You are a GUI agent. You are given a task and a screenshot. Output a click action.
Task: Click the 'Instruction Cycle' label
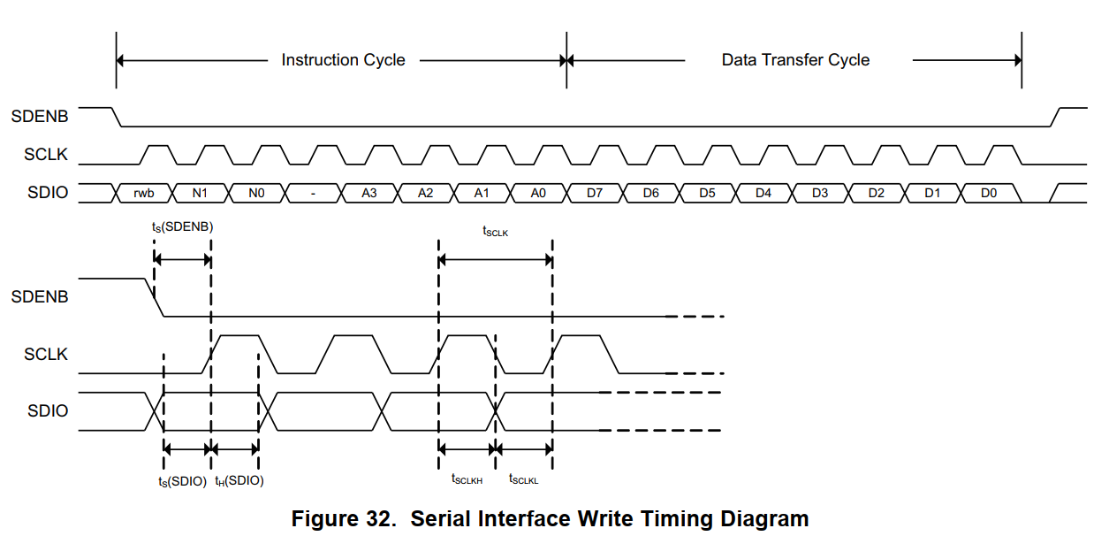pyautogui.click(x=343, y=60)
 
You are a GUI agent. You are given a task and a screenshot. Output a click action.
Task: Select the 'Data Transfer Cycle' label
pyautogui.click(x=795, y=60)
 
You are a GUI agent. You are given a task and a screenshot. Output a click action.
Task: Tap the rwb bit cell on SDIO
pyautogui.click(x=144, y=193)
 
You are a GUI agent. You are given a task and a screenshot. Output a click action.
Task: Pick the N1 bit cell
pyautogui.click(x=201, y=193)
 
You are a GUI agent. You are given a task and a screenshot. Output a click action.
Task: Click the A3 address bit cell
pyautogui.click(x=369, y=193)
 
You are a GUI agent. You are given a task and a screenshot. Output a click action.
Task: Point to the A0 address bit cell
pyautogui.click(x=538, y=193)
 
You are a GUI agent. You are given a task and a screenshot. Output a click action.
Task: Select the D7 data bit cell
pyautogui.click(x=595, y=193)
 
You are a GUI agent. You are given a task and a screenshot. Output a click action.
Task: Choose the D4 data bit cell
pyautogui.click(x=763, y=193)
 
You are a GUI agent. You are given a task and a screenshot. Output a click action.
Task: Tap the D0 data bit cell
pyautogui.click(x=989, y=193)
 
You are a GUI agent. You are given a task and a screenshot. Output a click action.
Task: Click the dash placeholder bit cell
pyautogui.click(x=313, y=193)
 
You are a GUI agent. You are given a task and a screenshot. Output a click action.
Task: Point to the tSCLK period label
pyautogui.click(x=495, y=232)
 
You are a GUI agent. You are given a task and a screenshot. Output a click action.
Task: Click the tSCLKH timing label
pyautogui.click(x=467, y=479)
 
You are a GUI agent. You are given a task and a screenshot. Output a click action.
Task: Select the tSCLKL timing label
pyautogui.click(x=523, y=479)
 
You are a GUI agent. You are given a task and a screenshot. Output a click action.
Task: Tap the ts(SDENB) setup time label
pyautogui.click(x=182, y=227)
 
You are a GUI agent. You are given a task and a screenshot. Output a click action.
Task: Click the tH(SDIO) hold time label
pyautogui.click(x=239, y=481)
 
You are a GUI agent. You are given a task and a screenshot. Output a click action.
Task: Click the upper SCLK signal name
pyautogui.click(x=46, y=156)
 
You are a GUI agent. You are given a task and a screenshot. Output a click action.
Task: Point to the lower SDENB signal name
pyautogui.click(x=40, y=297)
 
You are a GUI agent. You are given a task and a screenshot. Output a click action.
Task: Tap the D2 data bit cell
pyautogui.click(x=876, y=193)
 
